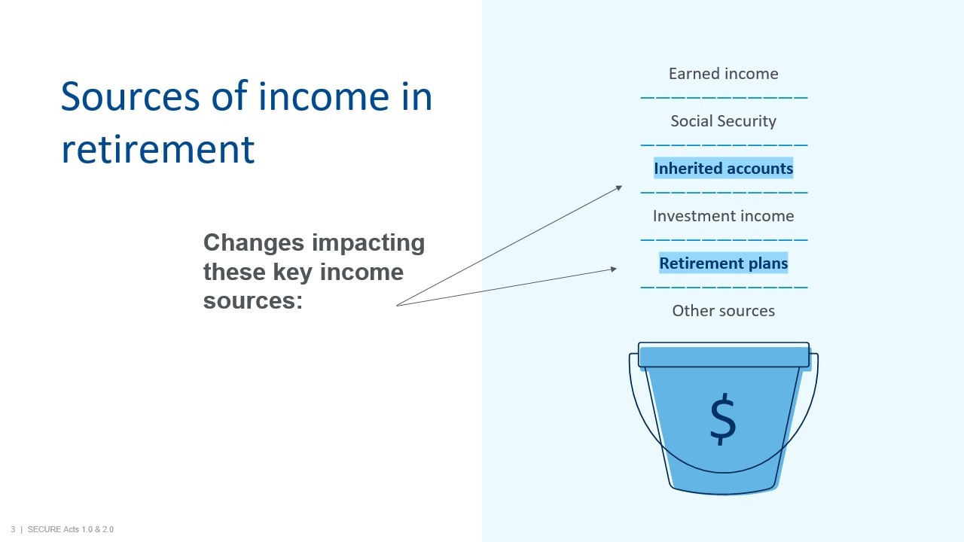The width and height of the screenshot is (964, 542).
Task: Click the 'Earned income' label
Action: coord(724,74)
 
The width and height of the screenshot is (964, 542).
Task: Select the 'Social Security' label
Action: coord(724,121)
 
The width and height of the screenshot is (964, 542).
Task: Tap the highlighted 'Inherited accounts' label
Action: coord(724,168)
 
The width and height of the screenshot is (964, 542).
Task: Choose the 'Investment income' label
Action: coord(724,216)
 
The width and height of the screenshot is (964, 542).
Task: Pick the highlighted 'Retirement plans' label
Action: coord(724,263)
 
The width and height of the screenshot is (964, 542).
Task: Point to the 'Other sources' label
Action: coord(724,311)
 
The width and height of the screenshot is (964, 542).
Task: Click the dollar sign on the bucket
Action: coord(723,419)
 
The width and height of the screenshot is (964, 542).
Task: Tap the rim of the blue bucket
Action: coord(724,355)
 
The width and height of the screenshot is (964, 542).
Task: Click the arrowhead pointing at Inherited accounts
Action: coord(619,187)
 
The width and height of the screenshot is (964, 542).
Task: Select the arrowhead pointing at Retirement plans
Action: coord(614,269)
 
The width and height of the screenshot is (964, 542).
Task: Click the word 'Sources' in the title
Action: coord(130,96)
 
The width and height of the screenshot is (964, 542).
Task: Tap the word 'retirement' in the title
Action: coord(158,149)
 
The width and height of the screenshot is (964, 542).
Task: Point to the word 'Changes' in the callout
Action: coord(254,242)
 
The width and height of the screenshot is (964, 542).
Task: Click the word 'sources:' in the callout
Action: coord(253,300)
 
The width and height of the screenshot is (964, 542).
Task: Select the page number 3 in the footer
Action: coord(13,529)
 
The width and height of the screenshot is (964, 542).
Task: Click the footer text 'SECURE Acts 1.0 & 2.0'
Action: coord(71,529)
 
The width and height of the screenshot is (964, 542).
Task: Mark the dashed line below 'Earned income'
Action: coord(724,98)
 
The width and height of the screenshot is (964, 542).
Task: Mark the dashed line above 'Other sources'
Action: coord(724,287)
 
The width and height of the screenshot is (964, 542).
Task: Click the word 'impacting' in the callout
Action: coord(368,243)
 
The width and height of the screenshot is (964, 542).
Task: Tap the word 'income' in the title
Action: coord(324,96)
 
